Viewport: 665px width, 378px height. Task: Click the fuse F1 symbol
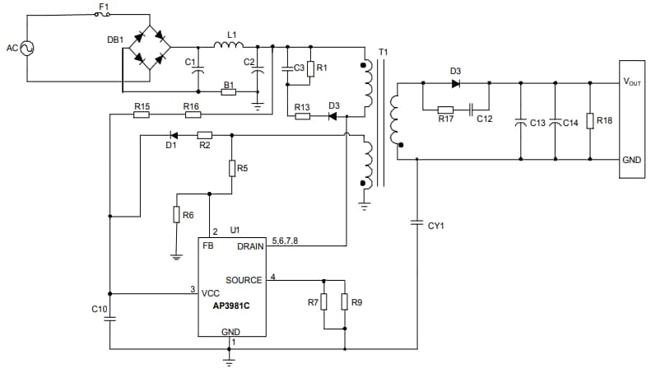pyautogui.click(x=104, y=15)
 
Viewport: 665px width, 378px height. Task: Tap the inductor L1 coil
pyautogui.click(x=226, y=45)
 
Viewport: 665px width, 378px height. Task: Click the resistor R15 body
pyautogui.click(x=142, y=114)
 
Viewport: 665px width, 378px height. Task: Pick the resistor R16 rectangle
pyautogui.click(x=192, y=114)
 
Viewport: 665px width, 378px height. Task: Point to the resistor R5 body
pyautogui.click(x=232, y=168)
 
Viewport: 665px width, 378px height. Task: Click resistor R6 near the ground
pyautogui.click(x=176, y=215)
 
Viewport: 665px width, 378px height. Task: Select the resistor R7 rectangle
pyautogui.click(x=324, y=302)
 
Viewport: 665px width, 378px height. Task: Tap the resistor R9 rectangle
pyautogui.click(x=345, y=302)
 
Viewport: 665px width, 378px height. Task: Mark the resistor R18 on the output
pyautogui.click(x=590, y=121)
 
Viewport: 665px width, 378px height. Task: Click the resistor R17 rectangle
pyautogui.click(x=445, y=109)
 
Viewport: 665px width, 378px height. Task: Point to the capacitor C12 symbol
pyautogui.click(x=472, y=109)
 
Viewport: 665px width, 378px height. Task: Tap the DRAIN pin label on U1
pyautogui.click(x=250, y=246)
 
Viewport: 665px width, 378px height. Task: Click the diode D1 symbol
pyautogui.click(x=173, y=134)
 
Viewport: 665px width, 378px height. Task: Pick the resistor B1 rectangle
pyautogui.click(x=229, y=92)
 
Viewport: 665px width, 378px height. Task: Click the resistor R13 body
pyautogui.click(x=302, y=116)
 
